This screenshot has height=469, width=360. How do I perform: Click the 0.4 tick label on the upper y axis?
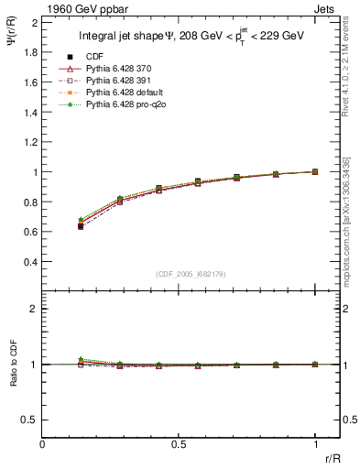pos(30,261)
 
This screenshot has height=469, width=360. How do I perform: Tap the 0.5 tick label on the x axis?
pos(178,443)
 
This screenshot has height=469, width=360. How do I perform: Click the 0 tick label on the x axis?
pos(43,443)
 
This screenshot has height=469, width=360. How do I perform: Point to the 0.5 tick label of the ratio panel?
pos(30,420)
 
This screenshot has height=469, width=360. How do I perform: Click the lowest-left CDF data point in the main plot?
pos(81,226)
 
